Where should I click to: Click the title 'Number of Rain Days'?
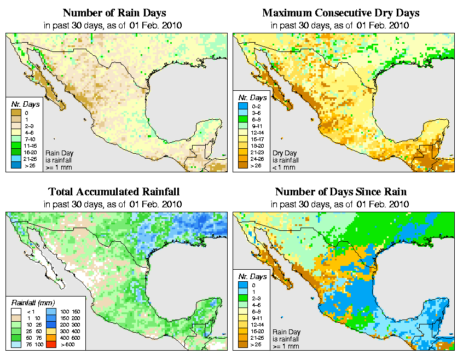point(114,13)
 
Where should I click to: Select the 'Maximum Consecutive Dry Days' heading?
point(340,13)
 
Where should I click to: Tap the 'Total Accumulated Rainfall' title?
point(114,191)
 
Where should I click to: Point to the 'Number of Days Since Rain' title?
point(340,191)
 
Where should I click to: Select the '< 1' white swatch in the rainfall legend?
point(15,312)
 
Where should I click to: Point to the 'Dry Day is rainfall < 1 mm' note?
point(285,160)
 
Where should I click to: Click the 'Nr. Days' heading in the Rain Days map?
point(21,104)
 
